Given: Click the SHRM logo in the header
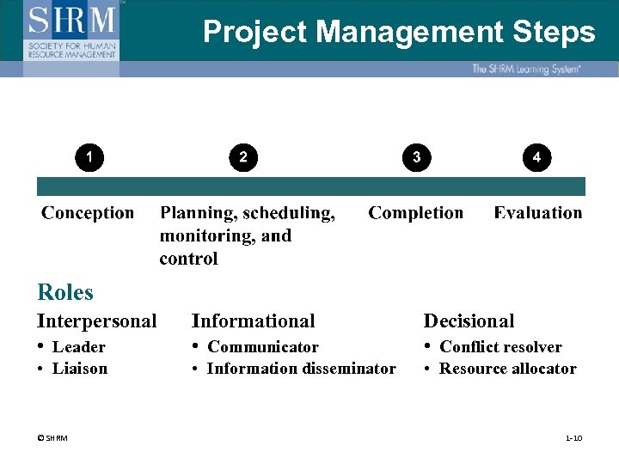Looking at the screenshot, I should pyautogui.click(x=72, y=29).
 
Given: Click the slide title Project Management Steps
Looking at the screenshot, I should pyautogui.click(x=399, y=33).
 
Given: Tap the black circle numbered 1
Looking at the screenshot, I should pyautogui.click(x=89, y=156).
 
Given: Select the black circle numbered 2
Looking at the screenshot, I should pyautogui.click(x=243, y=157).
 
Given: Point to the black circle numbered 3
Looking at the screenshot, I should pyautogui.click(x=416, y=157).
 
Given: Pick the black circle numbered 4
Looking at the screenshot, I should pyautogui.click(x=536, y=157).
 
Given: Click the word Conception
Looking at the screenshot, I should pyautogui.click(x=88, y=213).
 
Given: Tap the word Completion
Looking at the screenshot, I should pyautogui.click(x=415, y=213).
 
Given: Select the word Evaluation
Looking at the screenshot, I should pyautogui.click(x=538, y=213).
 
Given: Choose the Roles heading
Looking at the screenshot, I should pyautogui.click(x=65, y=292).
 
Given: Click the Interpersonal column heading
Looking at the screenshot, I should pyautogui.click(x=97, y=321).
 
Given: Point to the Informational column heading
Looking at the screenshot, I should pyautogui.click(x=254, y=321).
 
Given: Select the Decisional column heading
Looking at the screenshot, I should pyautogui.click(x=469, y=321).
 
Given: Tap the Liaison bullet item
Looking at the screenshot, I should pyautogui.click(x=80, y=369).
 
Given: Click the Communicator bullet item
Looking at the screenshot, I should pyautogui.click(x=263, y=347).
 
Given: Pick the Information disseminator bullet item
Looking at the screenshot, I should pyautogui.click(x=301, y=369).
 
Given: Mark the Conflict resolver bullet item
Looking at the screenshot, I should pyautogui.click(x=500, y=347).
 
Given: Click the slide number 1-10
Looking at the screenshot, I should pyautogui.click(x=573, y=438).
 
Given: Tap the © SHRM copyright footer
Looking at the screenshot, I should pyautogui.click(x=52, y=438).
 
